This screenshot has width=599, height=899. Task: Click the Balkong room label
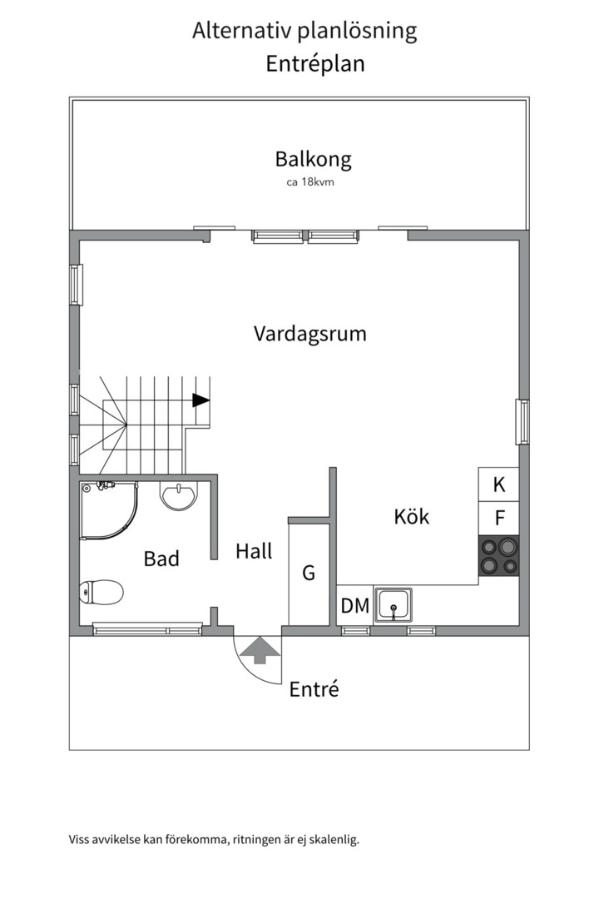coord(313,159)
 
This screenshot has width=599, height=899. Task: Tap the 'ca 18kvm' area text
coord(310,182)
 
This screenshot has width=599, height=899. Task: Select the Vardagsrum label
coord(310,334)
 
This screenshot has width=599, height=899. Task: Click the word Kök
coord(412,517)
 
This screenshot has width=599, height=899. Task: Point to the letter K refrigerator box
coord(498,484)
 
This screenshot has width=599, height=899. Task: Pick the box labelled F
coord(499,518)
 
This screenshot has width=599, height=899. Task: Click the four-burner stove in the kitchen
coord(498,556)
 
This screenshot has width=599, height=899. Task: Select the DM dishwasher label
coord(355,606)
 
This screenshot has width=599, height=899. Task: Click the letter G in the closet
coord(309,573)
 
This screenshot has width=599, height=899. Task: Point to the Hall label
coord(254,551)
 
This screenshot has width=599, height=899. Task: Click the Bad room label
coord(161,559)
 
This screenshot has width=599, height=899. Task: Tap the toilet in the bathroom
coord(101,593)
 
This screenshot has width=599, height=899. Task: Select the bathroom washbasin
coord(179,496)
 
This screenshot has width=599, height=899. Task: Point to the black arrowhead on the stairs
coord(200,400)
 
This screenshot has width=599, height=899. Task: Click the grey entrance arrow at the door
coord(259,649)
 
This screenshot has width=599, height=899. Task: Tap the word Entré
coord(314,689)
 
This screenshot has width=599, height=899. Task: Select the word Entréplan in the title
coord(315,64)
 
